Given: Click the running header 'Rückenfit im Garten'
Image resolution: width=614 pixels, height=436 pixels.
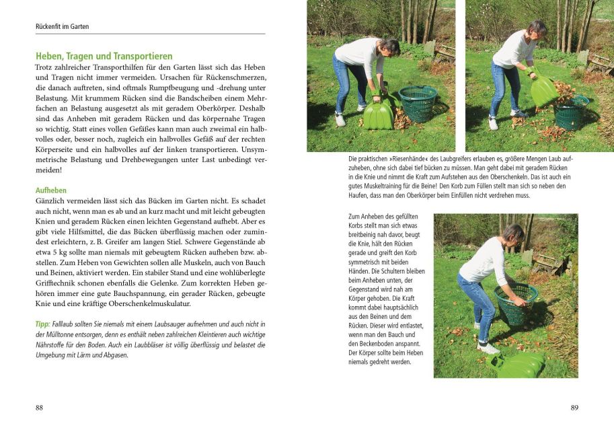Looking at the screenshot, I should pos(62,27).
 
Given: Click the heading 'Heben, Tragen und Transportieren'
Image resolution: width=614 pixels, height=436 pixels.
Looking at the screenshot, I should pos(104,57).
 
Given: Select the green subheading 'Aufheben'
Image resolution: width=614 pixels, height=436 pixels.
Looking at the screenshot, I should pos(51,190).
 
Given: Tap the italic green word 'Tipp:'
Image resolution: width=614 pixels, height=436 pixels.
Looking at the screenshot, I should pos(42,324).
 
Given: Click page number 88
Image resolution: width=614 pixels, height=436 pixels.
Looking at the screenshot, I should pos(39,407).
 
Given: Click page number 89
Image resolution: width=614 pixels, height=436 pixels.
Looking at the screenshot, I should pos(574,407).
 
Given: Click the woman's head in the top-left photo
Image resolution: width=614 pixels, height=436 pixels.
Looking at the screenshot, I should pos(389,48).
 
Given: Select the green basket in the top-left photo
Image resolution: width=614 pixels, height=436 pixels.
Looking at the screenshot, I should pos(418,103).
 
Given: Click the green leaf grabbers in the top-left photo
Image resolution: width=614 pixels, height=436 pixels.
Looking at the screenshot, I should pos(379,113).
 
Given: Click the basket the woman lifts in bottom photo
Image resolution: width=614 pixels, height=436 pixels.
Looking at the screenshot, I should pos(516,302).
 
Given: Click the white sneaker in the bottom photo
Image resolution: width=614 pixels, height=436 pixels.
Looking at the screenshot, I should pos(488,347).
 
